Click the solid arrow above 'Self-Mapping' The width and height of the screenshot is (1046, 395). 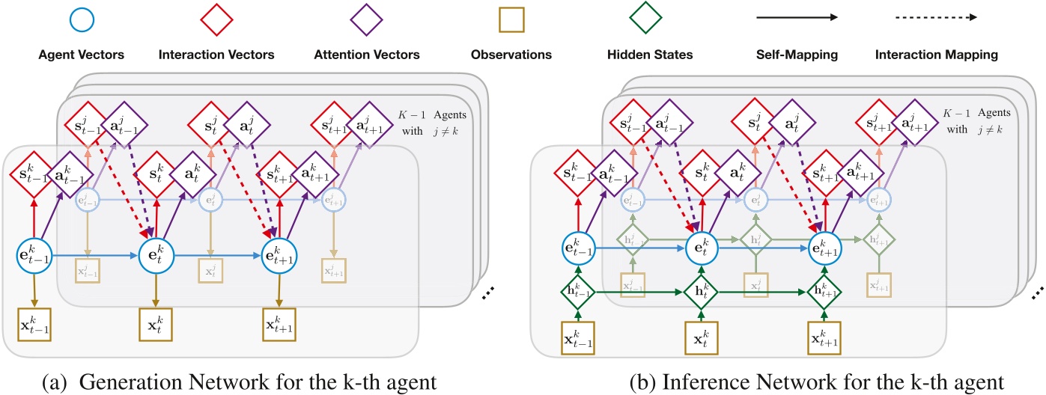tap(797, 16)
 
